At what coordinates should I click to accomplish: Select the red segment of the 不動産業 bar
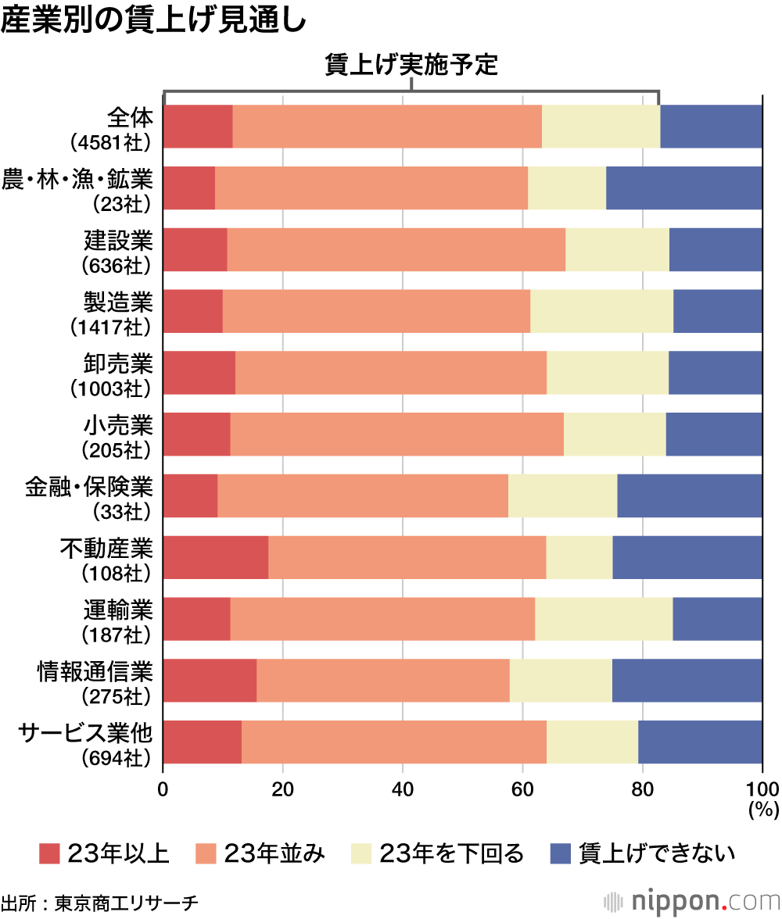coord(216,557)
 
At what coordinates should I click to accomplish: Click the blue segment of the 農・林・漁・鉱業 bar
coord(683,188)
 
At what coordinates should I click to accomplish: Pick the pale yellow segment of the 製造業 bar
coord(601,311)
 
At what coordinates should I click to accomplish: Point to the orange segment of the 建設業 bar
coord(396,250)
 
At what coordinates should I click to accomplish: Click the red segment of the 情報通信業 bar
coord(210,681)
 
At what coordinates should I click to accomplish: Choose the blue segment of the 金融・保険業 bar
coord(689,495)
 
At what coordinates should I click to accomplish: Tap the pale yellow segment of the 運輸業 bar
coord(603,619)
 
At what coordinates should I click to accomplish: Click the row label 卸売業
coord(118,363)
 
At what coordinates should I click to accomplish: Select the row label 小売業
coord(118,425)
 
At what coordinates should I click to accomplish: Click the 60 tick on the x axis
coord(522,788)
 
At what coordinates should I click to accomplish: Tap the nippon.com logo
coord(691,901)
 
